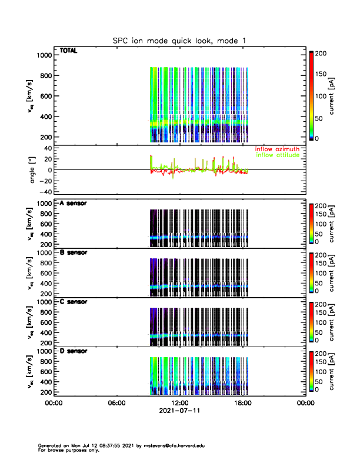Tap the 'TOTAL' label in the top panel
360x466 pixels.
[x=69, y=51]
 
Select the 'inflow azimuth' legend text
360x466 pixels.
[x=277, y=149]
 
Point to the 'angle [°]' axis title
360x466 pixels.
[x=34, y=169]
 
